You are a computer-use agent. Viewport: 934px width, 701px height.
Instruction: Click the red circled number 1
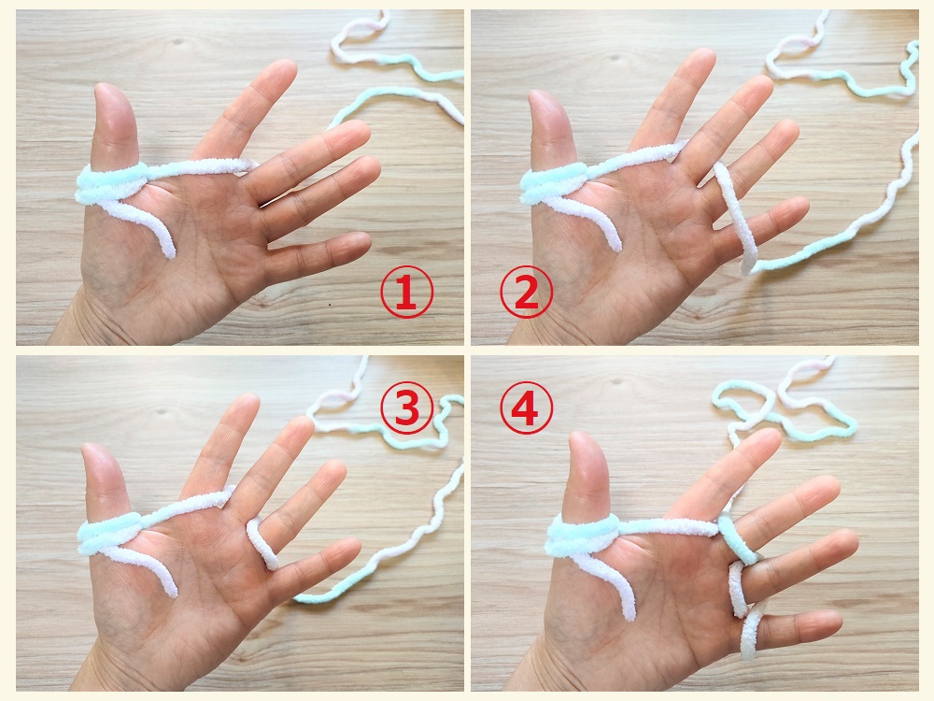pos(407,292)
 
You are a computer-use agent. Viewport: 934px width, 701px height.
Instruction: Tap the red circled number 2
pos(525,292)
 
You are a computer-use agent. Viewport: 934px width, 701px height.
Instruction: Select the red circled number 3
pos(407,409)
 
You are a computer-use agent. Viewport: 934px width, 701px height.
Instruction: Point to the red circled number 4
pos(525,409)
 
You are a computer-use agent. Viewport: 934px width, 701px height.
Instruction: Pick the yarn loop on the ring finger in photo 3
pos(262,544)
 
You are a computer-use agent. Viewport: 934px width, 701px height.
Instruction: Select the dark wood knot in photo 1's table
pos(177,43)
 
